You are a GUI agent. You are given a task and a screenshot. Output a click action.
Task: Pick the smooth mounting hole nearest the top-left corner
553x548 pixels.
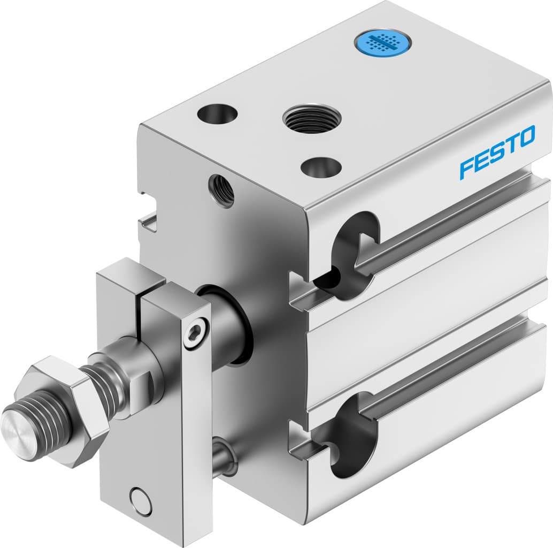(x=217, y=113)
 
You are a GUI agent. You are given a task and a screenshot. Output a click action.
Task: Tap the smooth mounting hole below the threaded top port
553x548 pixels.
(x=321, y=168)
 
